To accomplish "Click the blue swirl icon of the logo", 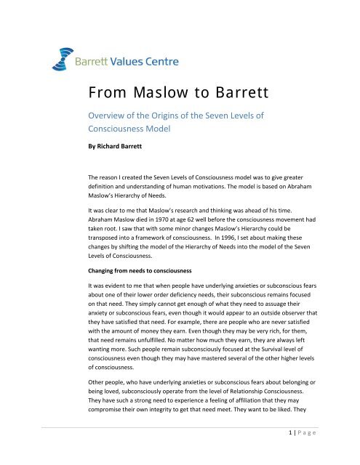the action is click(x=57, y=52).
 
